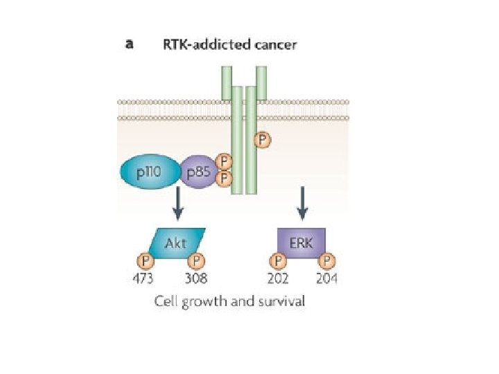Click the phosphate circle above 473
[145, 261]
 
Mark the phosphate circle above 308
[197, 261]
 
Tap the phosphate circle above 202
[278, 261]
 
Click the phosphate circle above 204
[327, 261]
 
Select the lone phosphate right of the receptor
[263, 141]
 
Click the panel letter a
[129, 44]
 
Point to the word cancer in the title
[274, 45]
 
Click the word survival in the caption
[281, 303]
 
